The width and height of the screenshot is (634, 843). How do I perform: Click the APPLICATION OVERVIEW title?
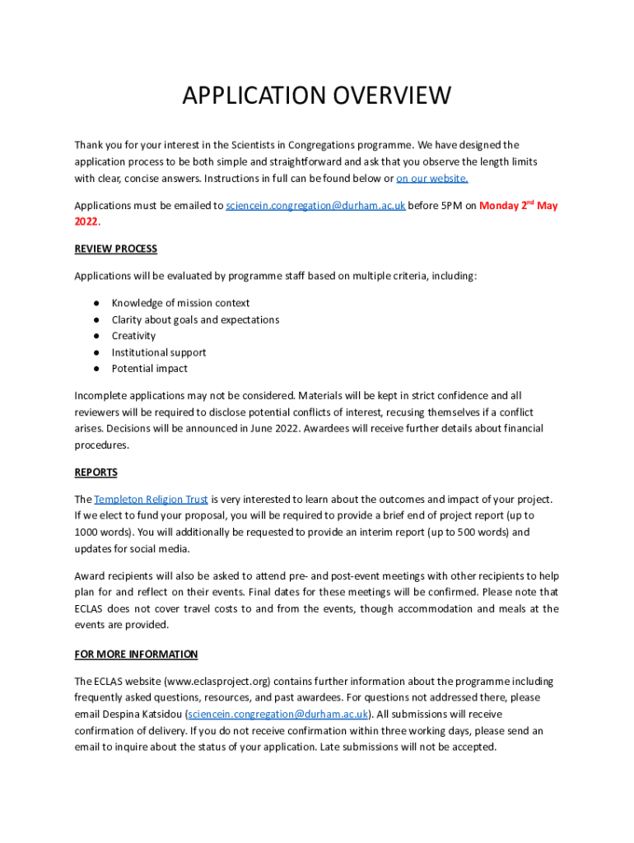[317, 95]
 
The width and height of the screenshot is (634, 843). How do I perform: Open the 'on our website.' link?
[432, 178]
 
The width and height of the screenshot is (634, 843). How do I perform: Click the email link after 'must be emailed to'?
[315, 206]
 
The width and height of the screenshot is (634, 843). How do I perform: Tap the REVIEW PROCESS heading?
[116, 249]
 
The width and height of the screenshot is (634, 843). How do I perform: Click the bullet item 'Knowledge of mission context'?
[180, 303]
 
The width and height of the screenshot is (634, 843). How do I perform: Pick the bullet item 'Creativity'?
[133, 336]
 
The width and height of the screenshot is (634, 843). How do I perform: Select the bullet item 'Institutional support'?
[159, 352]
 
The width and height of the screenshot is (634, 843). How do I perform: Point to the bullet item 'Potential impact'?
[150, 369]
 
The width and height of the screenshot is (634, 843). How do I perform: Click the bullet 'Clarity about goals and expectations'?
[195, 319]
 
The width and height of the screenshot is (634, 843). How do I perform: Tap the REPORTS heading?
[96, 473]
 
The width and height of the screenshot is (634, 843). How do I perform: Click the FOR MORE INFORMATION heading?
[136, 654]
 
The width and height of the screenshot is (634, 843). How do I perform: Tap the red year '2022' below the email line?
[86, 222]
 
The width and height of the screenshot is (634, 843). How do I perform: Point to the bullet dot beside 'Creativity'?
[96, 336]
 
